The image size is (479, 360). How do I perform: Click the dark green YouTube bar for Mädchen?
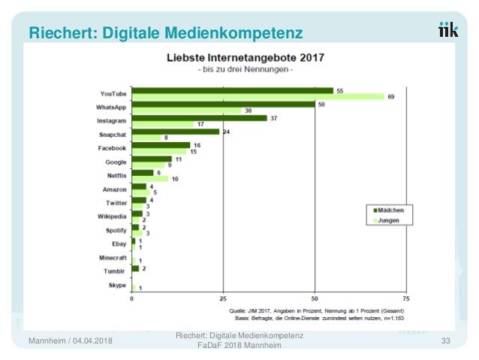(x=232, y=90)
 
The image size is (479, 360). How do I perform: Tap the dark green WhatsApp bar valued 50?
(x=223, y=104)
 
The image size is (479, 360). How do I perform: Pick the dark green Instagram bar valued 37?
(x=199, y=118)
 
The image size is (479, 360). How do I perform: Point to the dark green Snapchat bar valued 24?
(x=175, y=132)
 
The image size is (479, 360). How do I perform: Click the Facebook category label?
(x=113, y=148)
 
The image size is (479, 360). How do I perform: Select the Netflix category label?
(x=115, y=175)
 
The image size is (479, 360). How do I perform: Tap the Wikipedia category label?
(x=112, y=216)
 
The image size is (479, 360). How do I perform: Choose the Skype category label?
(x=117, y=286)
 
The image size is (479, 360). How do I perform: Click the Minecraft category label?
(x=111, y=258)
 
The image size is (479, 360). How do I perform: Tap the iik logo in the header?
(x=449, y=30)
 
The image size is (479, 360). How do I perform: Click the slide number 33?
(x=445, y=343)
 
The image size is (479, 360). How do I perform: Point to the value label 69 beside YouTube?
(x=390, y=97)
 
